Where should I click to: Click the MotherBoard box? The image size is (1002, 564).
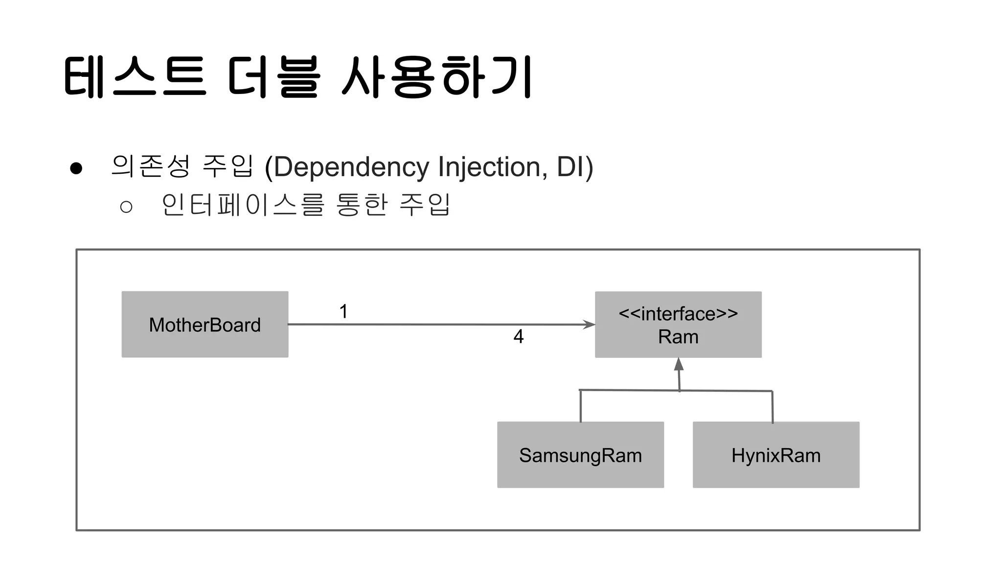pyautogui.click(x=205, y=324)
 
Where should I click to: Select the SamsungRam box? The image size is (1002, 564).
pyautogui.click(x=580, y=454)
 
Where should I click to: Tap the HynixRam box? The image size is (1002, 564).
pyautogui.click(x=775, y=454)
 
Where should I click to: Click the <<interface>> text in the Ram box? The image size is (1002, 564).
pyautogui.click(x=678, y=313)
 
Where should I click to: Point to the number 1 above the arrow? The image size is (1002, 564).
pyautogui.click(x=343, y=311)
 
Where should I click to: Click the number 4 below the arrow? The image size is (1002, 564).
pyautogui.click(x=519, y=336)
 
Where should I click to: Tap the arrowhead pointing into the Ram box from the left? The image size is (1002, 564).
pyautogui.click(x=589, y=324)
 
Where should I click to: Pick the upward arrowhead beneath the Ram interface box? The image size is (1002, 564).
pyautogui.click(x=679, y=364)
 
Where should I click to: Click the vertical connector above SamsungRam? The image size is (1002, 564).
pyautogui.click(x=581, y=406)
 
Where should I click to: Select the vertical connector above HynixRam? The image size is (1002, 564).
pyautogui.click(x=773, y=406)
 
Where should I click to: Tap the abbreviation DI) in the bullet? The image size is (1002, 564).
pyautogui.click(x=574, y=167)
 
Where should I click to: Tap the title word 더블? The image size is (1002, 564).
pyautogui.click(x=274, y=77)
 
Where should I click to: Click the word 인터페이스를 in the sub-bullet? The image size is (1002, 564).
pyautogui.click(x=243, y=205)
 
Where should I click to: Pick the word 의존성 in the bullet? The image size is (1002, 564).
pyautogui.click(x=150, y=166)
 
